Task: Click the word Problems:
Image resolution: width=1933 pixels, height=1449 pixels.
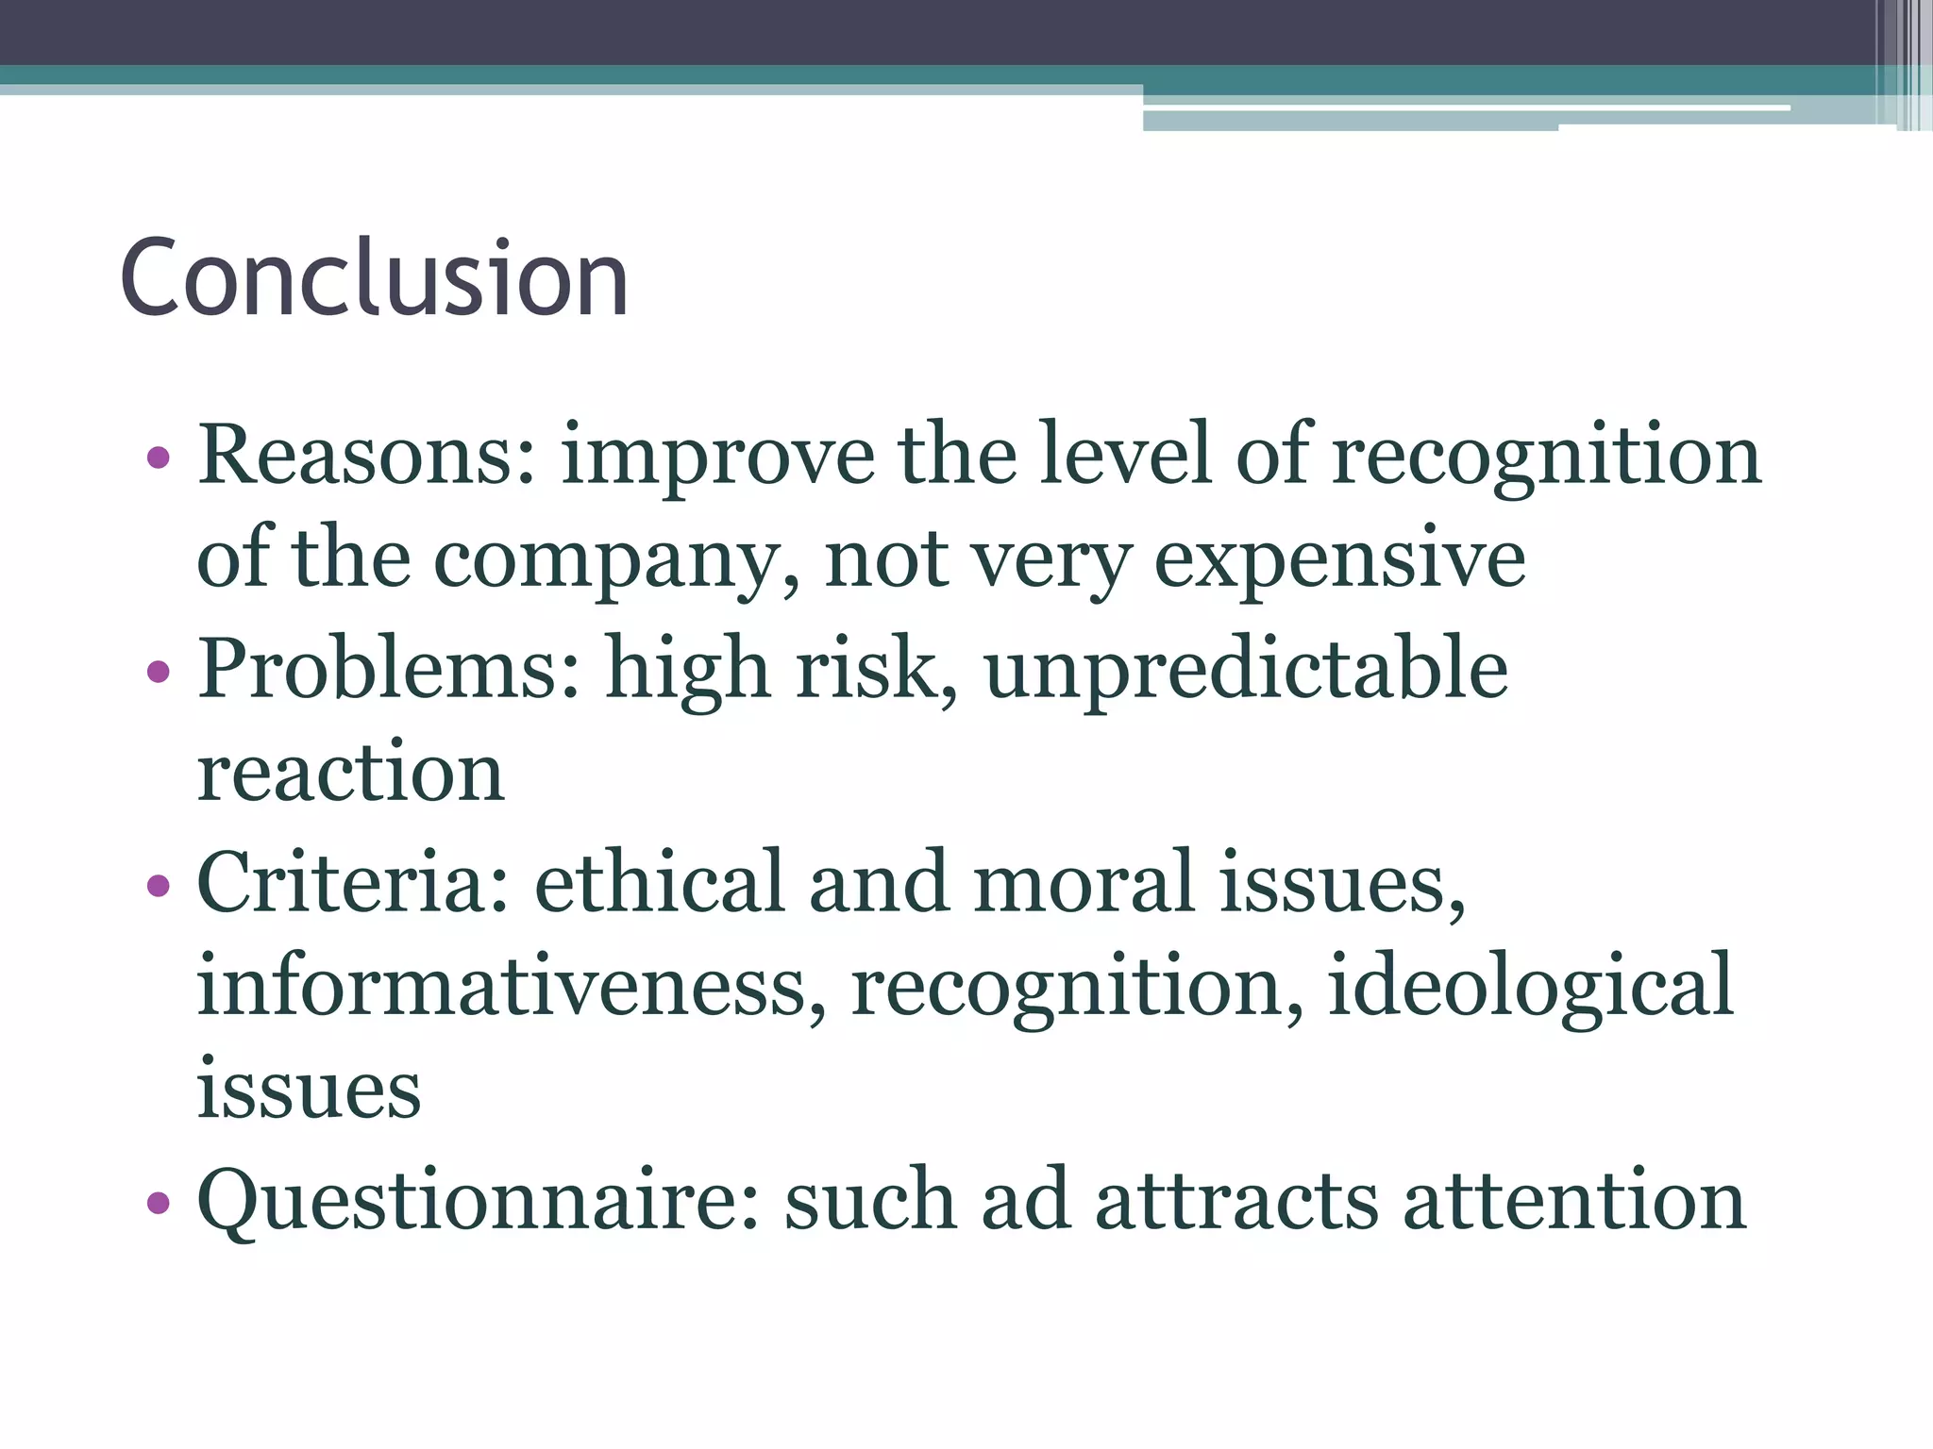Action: tap(389, 669)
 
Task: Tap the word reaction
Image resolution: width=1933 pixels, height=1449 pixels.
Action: tap(350, 774)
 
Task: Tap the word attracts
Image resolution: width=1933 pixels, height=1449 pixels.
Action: tap(1236, 1201)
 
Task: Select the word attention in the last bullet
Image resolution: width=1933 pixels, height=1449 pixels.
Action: tap(1574, 1201)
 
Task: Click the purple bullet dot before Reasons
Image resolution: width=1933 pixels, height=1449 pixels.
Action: tap(159, 458)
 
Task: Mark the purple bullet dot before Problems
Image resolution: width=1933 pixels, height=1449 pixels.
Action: tap(159, 672)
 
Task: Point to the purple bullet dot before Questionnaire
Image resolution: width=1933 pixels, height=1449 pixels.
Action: tap(159, 1203)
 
